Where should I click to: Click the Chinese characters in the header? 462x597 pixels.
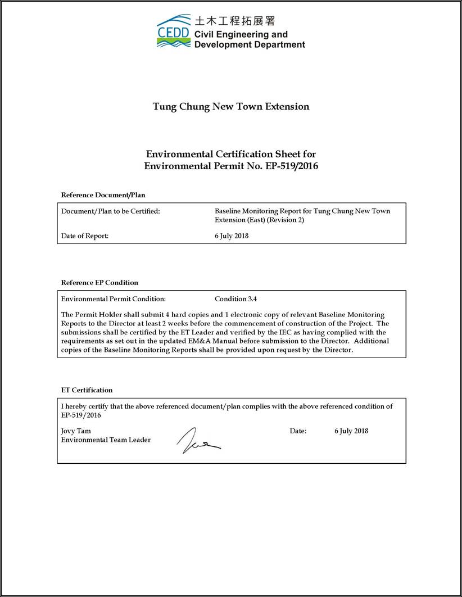(x=234, y=21)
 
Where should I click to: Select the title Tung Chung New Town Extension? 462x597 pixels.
(x=231, y=106)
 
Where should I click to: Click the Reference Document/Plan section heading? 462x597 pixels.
(x=103, y=195)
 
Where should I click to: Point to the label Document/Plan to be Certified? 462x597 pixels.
(x=110, y=211)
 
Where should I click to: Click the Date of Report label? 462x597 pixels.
(x=84, y=236)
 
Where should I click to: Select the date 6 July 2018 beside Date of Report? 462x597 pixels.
(x=232, y=236)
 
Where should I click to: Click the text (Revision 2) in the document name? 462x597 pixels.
(x=286, y=220)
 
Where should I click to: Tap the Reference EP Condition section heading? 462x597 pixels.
(x=99, y=283)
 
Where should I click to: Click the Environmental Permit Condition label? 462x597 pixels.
(x=113, y=299)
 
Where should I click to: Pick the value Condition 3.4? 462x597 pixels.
(x=235, y=299)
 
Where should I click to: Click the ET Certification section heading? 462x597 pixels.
(x=87, y=390)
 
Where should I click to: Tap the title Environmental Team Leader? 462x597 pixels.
(x=106, y=440)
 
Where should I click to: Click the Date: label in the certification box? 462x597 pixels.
(x=298, y=431)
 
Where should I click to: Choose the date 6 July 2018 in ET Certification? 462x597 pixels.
(x=351, y=431)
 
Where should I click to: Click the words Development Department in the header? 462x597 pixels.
(x=250, y=44)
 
